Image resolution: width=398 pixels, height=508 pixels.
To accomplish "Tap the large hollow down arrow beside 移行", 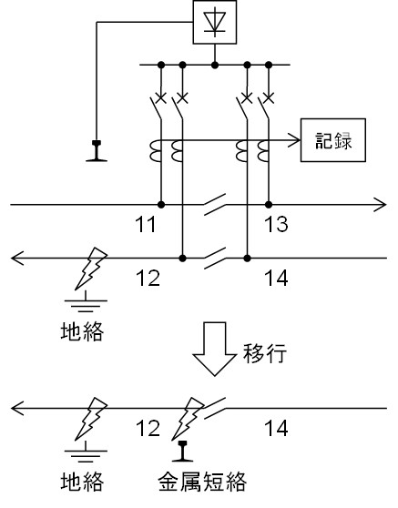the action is (x=215, y=349).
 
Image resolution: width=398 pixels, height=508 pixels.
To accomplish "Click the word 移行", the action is (x=265, y=353).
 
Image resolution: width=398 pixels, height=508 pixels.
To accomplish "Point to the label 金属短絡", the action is (x=202, y=482).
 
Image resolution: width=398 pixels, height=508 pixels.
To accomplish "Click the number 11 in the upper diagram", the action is (x=145, y=224).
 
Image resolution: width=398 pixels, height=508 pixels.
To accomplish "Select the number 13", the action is (x=276, y=224).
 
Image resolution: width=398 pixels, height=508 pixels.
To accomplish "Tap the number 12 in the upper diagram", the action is (x=148, y=278).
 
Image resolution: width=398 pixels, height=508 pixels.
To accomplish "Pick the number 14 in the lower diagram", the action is (x=276, y=428).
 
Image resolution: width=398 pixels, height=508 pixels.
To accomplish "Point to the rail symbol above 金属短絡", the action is (x=182, y=451).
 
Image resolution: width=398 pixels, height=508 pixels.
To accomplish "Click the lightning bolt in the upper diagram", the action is (x=91, y=269).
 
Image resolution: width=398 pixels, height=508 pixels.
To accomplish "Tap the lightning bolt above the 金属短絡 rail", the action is (x=188, y=419).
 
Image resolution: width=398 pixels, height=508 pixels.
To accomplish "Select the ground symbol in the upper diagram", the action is (x=86, y=301).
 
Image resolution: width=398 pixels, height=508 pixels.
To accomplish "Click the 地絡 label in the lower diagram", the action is (x=82, y=482).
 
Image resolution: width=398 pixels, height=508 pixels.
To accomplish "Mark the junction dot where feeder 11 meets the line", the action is (x=161, y=205).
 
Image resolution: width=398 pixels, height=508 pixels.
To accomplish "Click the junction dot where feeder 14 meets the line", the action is (x=247, y=259).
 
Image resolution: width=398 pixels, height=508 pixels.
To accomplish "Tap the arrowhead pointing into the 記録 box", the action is (x=294, y=140).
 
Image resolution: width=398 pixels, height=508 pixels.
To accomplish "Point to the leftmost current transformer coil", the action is (x=156, y=150).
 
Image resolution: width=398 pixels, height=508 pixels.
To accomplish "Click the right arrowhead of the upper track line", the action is (x=380, y=205).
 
